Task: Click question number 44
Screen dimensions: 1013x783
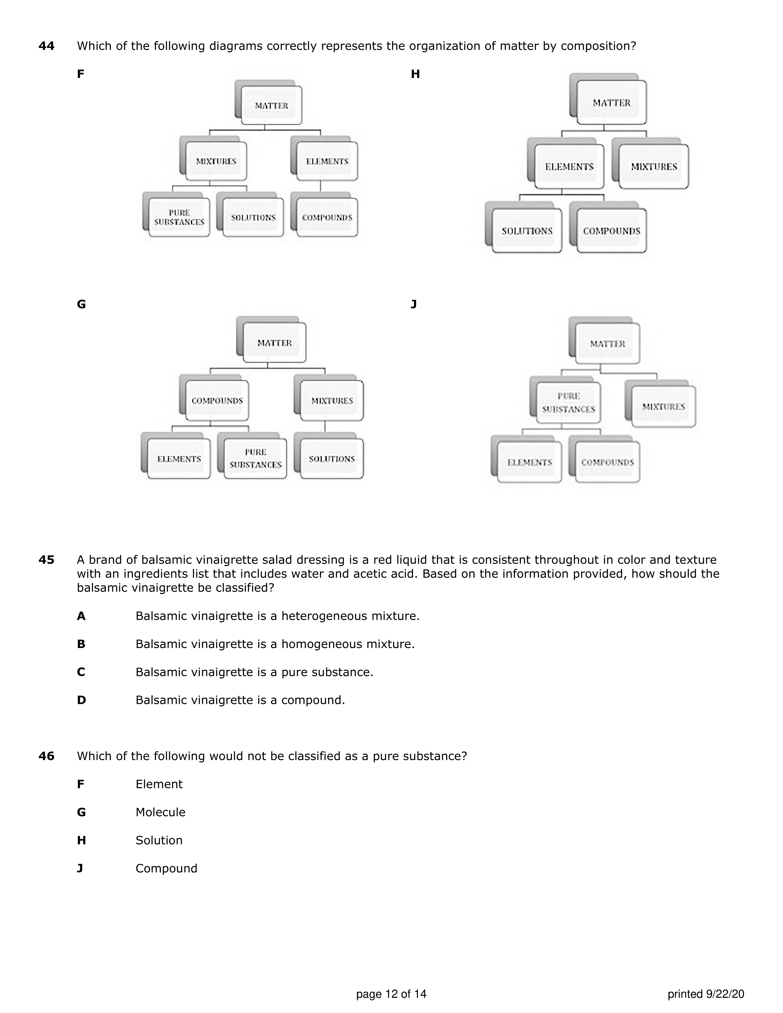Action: click(46, 46)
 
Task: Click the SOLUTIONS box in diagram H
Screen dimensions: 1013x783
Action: click(527, 231)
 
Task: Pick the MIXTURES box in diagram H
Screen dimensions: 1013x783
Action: click(654, 166)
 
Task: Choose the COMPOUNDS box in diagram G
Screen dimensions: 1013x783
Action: click(217, 401)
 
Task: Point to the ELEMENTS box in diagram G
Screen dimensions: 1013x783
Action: click(179, 459)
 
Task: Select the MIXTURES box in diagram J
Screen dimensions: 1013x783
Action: click(663, 407)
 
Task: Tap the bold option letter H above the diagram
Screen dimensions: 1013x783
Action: click(415, 74)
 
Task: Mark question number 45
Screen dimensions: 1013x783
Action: click(46, 560)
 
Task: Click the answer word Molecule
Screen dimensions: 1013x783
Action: click(161, 812)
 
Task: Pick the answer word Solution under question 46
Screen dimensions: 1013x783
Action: click(159, 840)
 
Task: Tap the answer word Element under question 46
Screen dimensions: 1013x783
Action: click(159, 784)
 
